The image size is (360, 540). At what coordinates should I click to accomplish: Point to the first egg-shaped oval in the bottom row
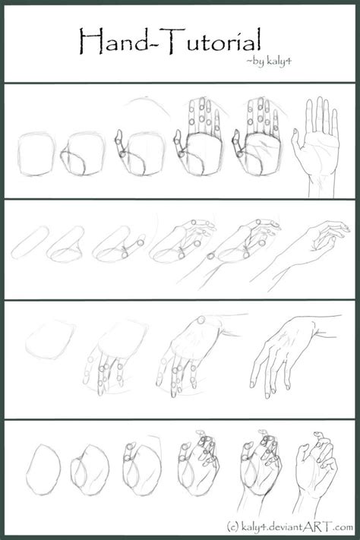click(x=45, y=472)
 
